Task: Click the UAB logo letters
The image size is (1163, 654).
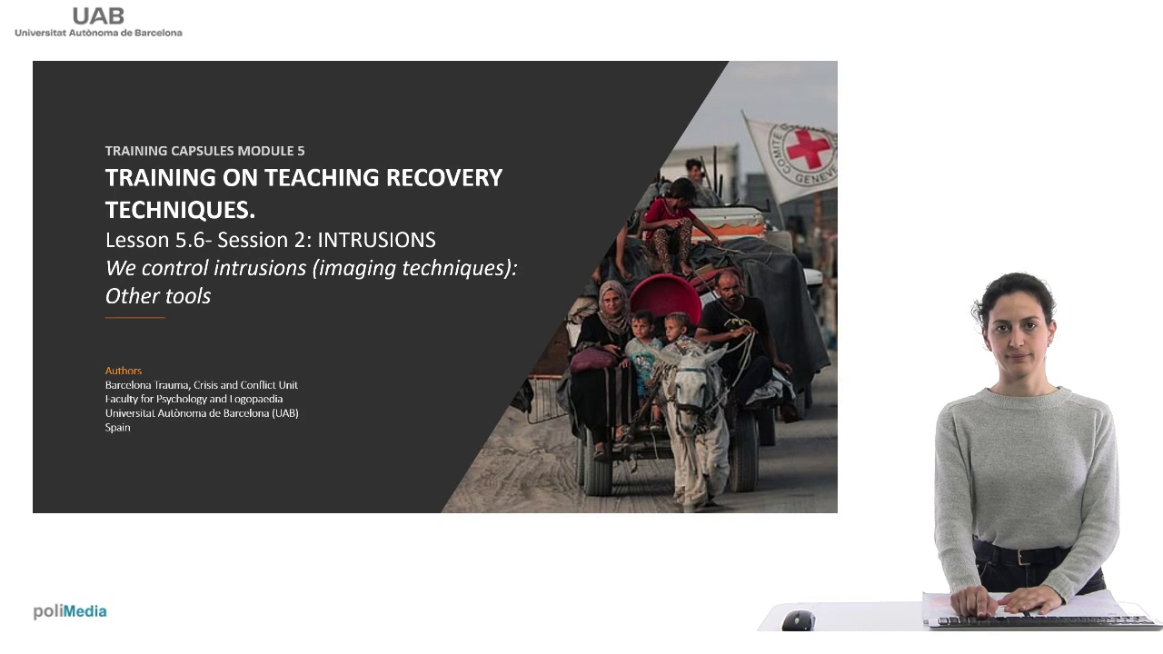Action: coord(98,16)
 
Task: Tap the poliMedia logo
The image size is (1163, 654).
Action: coord(70,611)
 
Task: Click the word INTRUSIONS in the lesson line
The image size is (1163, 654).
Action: coord(376,240)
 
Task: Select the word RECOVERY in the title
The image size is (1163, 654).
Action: coord(444,177)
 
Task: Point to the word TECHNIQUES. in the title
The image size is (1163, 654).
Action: coord(180,210)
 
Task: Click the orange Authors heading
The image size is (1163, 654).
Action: coord(123,371)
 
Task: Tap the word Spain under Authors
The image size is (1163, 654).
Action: coord(118,427)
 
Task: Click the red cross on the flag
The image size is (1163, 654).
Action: coord(808,148)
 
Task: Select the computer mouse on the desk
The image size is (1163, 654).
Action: coord(798,620)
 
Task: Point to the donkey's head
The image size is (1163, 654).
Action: coord(691,384)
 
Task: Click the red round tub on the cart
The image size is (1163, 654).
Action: coord(666,299)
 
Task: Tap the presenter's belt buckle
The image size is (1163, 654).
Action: coord(1023,558)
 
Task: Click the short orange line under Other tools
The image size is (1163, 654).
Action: coord(135,317)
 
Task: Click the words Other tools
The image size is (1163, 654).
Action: coord(158,296)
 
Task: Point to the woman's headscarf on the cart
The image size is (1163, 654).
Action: coord(614,307)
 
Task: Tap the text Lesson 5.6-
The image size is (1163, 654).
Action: coord(158,240)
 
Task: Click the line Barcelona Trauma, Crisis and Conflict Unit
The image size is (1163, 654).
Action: coord(202,385)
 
